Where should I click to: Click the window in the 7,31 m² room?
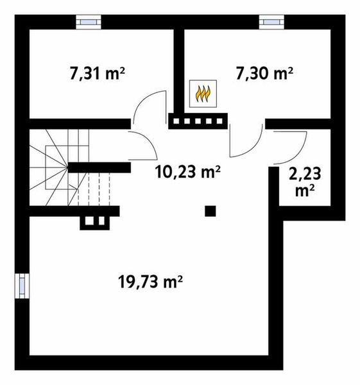pos(88,21)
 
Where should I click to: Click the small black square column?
pos(210,210)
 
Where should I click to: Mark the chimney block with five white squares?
pos(198,120)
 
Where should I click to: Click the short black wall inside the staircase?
pos(99,167)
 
